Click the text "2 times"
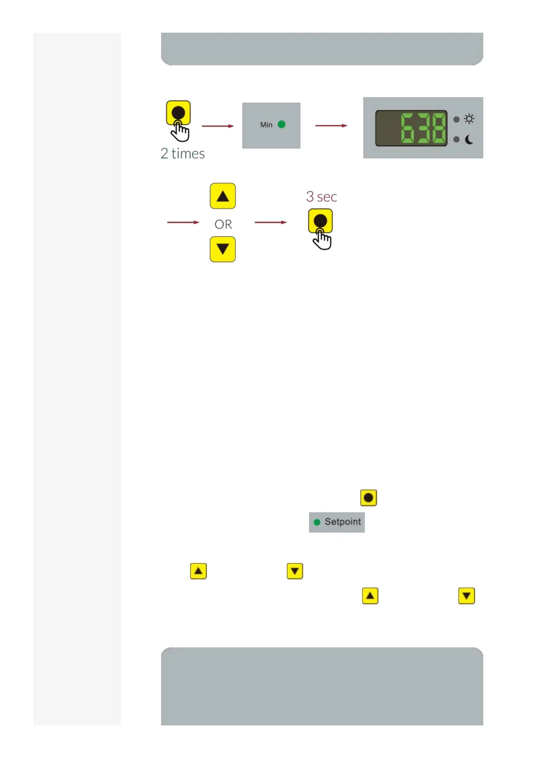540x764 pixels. tap(182, 154)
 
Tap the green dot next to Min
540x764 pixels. tap(281, 124)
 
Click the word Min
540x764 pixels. tap(266, 125)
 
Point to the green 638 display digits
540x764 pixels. tap(423, 128)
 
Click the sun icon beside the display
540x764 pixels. tap(469, 119)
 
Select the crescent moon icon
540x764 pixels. tap(469, 140)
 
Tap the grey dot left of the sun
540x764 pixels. tap(456, 119)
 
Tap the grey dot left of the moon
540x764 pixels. tap(456, 139)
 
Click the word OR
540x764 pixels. tap(223, 225)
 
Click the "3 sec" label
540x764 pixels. tap(321, 196)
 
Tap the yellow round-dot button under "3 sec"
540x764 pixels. tap(320, 221)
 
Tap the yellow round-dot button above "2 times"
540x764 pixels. tap(178, 113)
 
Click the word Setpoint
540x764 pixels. tap(343, 522)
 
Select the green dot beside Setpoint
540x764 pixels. tap(317, 522)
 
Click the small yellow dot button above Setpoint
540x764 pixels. tap(368, 498)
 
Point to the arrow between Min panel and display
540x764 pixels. tap(331, 126)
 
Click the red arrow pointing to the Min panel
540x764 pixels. tap(218, 126)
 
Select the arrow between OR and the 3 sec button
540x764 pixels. tap(270, 222)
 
